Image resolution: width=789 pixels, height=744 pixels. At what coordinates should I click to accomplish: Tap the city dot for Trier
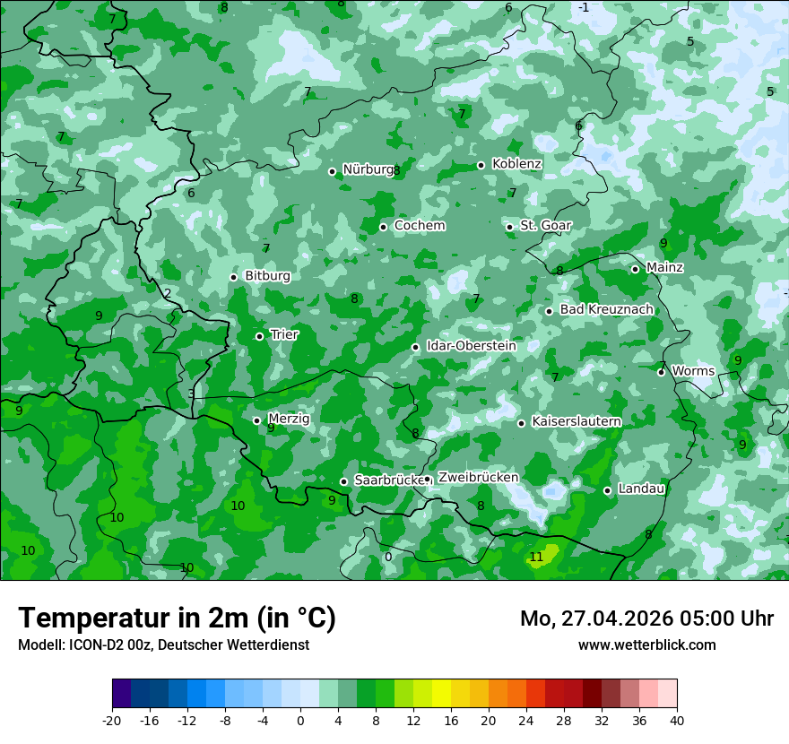tap(260, 336)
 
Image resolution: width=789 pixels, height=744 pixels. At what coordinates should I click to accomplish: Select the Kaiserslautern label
tap(577, 421)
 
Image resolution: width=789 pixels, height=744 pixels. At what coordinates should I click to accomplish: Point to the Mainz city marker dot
tap(635, 269)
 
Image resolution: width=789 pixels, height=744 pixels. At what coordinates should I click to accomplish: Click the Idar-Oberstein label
tap(471, 346)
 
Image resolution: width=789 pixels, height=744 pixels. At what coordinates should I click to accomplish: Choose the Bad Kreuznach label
tap(606, 309)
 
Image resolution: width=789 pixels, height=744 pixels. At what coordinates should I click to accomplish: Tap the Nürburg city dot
tap(332, 171)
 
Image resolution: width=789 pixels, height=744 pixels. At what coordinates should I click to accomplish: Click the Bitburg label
tap(267, 276)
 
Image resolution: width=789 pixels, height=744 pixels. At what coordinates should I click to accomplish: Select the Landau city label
tap(641, 489)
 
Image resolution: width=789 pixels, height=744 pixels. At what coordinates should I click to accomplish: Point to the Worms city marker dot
tap(661, 372)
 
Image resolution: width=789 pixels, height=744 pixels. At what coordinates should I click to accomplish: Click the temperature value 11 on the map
tap(536, 558)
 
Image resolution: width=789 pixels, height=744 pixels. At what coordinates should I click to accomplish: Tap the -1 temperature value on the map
tap(584, 8)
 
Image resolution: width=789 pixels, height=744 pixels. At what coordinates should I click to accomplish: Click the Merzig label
tap(289, 419)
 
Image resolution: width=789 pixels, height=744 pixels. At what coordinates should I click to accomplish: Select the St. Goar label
tap(545, 225)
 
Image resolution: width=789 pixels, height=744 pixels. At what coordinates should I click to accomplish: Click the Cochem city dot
tap(383, 227)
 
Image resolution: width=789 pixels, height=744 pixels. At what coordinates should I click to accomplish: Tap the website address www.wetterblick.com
tap(646, 645)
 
